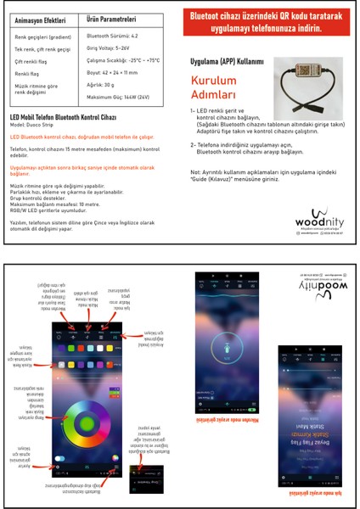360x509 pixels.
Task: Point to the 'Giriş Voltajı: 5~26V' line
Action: click(x=110, y=50)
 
